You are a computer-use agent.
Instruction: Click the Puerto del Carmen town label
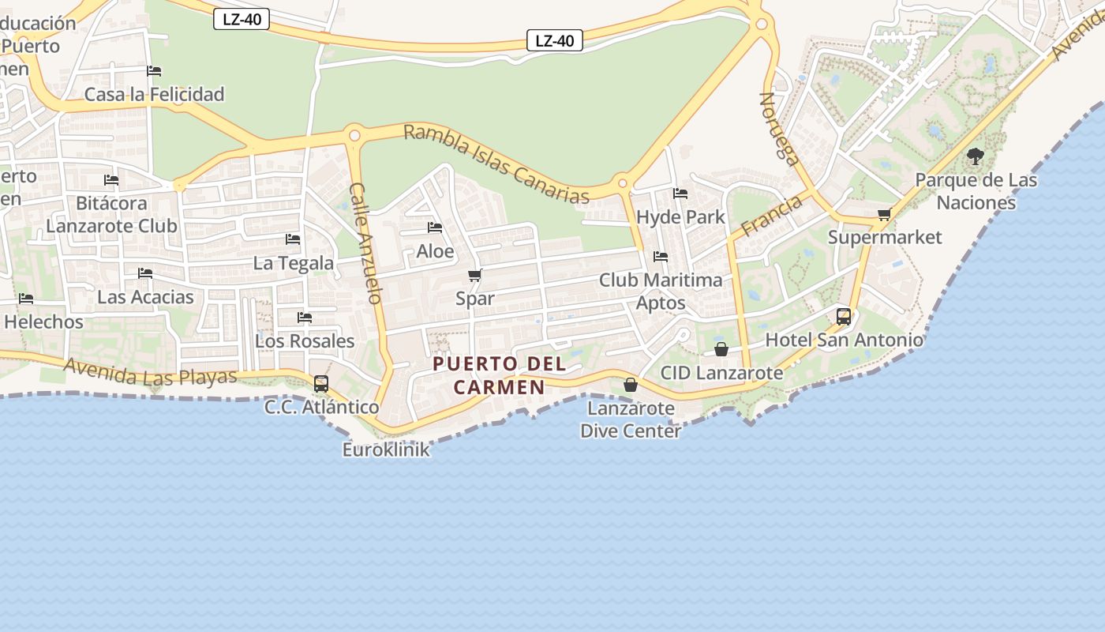pos(500,375)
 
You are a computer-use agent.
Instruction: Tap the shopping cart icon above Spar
pos(474,275)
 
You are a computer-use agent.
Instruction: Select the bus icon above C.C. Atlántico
pos(320,384)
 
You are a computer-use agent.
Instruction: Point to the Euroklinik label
pos(386,450)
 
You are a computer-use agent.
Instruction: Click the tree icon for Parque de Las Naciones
pos(976,156)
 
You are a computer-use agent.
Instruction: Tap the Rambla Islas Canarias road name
pos(496,164)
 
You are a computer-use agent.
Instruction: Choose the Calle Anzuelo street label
pos(366,243)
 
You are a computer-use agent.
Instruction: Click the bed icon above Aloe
pos(435,228)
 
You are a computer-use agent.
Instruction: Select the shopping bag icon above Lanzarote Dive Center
pos(630,385)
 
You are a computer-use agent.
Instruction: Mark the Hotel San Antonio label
pos(844,340)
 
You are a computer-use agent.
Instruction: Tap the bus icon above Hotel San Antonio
pos(843,317)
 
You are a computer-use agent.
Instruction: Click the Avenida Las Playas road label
pos(150,371)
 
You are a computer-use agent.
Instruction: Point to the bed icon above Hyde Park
pos(680,194)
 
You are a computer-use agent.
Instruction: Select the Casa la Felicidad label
pos(155,94)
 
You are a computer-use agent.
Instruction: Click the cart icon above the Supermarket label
pos(884,214)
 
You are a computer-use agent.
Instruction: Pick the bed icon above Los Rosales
pos(305,318)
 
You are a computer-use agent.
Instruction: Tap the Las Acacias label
pos(145,297)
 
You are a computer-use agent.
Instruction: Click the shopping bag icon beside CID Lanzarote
pos(721,349)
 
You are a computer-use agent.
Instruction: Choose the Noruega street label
pos(779,128)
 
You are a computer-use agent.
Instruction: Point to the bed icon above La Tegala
pos(293,239)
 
